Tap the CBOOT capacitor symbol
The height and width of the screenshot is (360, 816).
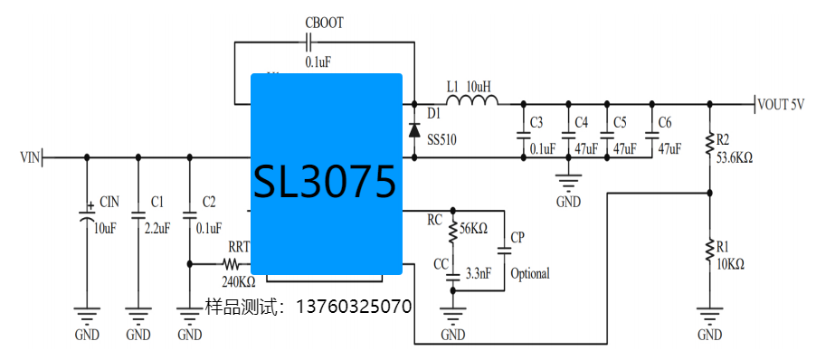309,43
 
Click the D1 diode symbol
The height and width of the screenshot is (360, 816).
414,129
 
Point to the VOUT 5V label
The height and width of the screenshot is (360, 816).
780,104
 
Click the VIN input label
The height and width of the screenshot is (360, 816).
30,157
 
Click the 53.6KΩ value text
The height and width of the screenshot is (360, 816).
734,156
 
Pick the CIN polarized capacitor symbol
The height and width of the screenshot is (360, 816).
87,215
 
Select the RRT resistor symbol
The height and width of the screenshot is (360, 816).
231,265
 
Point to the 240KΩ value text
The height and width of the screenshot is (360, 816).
239,281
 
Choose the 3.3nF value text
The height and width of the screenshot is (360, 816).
477,272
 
